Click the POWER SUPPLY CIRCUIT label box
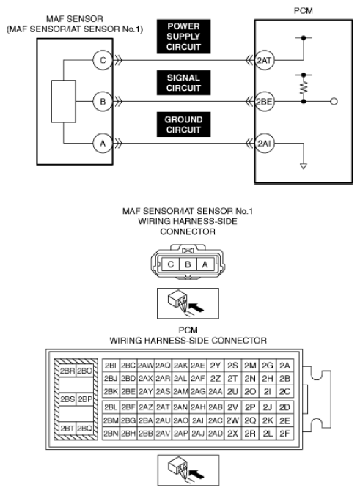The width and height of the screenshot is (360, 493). click(183, 37)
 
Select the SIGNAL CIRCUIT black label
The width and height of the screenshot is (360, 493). click(183, 83)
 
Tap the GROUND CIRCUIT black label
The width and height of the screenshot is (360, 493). click(183, 125)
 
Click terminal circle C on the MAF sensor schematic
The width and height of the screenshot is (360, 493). click(103, 60)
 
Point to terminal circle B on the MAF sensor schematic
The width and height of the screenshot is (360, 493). click(103, 102)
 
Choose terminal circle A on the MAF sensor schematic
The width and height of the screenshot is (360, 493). click(103, 144)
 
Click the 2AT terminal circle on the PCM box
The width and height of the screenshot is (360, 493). click(265, 60)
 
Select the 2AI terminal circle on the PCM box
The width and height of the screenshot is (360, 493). click(265, 144)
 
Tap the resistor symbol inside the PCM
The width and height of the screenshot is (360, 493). click(304, 88)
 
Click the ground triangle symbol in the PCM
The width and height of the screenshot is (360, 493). click(304, 166)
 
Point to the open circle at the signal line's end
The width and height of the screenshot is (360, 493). click(334, 102)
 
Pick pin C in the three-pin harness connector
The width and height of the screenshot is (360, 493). click(171, 264)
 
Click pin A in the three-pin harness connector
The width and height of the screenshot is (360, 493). click(205, 264)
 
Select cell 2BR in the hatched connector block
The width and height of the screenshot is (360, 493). click(67, 371)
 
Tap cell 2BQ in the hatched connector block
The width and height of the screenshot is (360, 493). click(84, 429)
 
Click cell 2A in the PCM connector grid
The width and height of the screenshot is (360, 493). click(284, 366)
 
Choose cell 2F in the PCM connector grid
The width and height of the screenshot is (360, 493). click(284, 434)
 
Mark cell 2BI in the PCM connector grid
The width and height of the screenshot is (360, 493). click(111, 366)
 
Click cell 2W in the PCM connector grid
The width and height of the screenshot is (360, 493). click(232, 420)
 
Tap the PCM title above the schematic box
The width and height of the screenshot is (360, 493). click(304, 11)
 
